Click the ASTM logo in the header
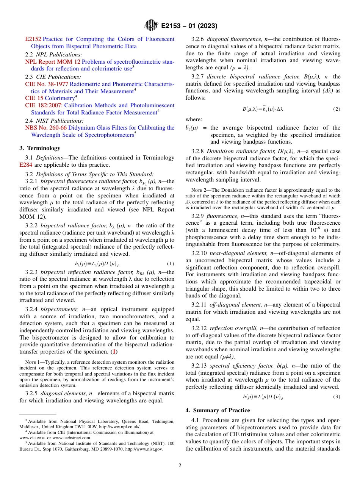(x=151, y=26)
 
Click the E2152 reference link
(x=33, y=39)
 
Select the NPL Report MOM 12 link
(x=53, y=61)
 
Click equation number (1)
(x=171, y=264)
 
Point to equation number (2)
(x=337, y=109)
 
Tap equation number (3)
(x=337, y=397)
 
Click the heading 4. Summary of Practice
(x=218, y=410)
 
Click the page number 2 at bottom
(x=180, y=466)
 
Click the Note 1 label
(x=33, y=362)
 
